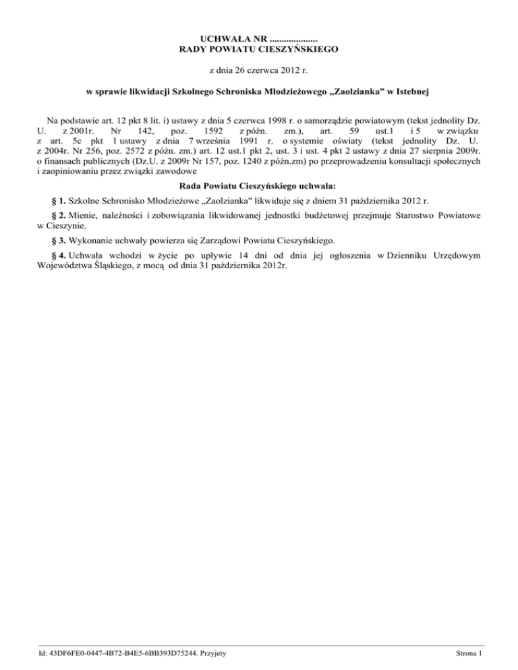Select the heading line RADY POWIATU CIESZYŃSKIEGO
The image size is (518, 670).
tap(259, 49)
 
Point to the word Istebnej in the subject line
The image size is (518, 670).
tap(409, 90)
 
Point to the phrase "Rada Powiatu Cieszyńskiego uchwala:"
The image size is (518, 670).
tap(259, 187)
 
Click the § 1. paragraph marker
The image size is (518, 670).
tap(55, 201)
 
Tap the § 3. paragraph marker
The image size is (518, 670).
tap(55, 241)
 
